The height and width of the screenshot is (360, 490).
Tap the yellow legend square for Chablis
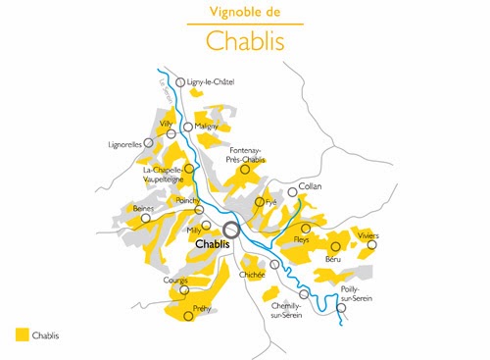point(22,334)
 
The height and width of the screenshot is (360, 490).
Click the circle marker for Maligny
point(188,127)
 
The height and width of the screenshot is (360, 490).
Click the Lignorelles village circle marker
point(149,142)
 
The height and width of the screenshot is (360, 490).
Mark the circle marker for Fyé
point(260,202)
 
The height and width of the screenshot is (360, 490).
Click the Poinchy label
point(187,200)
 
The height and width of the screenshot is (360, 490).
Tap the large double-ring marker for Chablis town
point(232,230)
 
